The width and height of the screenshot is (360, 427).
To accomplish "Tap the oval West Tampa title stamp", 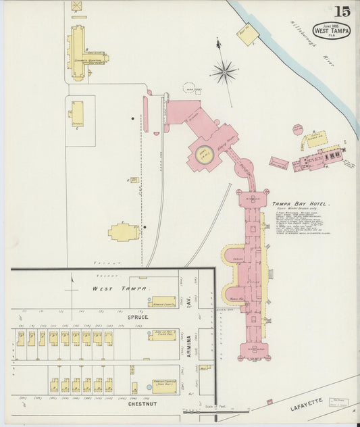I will point(331,30).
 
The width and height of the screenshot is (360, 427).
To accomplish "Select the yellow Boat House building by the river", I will point(245,36).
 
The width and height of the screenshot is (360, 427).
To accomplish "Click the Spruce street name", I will point(137,316).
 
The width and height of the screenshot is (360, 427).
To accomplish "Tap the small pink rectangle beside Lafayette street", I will point(269,403).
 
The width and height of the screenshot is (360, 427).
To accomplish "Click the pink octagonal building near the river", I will point(298,129).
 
